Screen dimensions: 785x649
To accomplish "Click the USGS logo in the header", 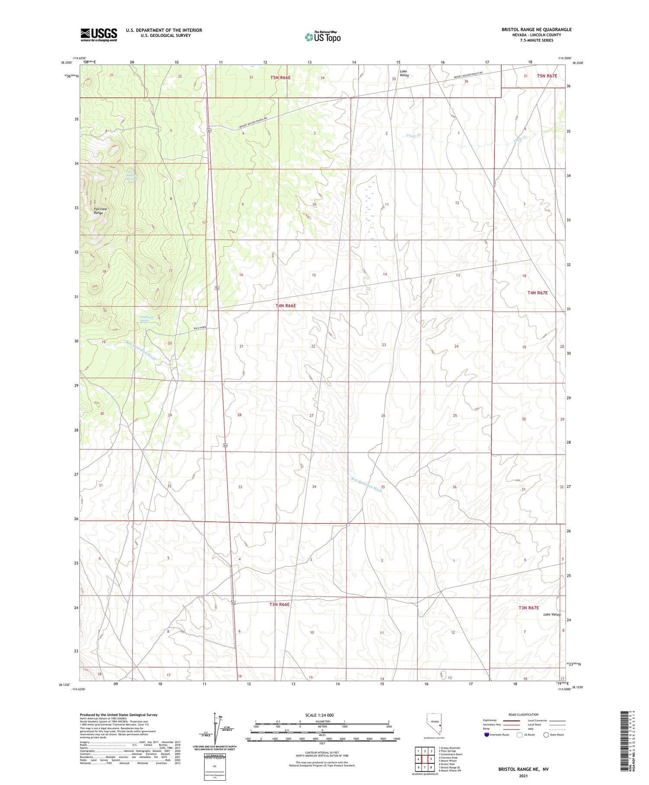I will point(99,35).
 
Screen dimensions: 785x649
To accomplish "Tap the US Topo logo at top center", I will point(323,37).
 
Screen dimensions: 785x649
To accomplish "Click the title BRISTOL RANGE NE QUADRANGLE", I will point(536,29).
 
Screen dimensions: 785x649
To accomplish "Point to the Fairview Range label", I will point(100,211).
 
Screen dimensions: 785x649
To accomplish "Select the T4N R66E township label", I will point(286,306).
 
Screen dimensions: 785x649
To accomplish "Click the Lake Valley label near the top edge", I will point(404,73).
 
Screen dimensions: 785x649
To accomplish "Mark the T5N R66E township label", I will point(280,78).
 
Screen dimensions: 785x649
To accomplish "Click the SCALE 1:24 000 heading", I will point(319,715).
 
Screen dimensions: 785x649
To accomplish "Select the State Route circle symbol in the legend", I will point(546,735).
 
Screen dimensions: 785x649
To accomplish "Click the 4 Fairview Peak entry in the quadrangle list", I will point(448,758).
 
